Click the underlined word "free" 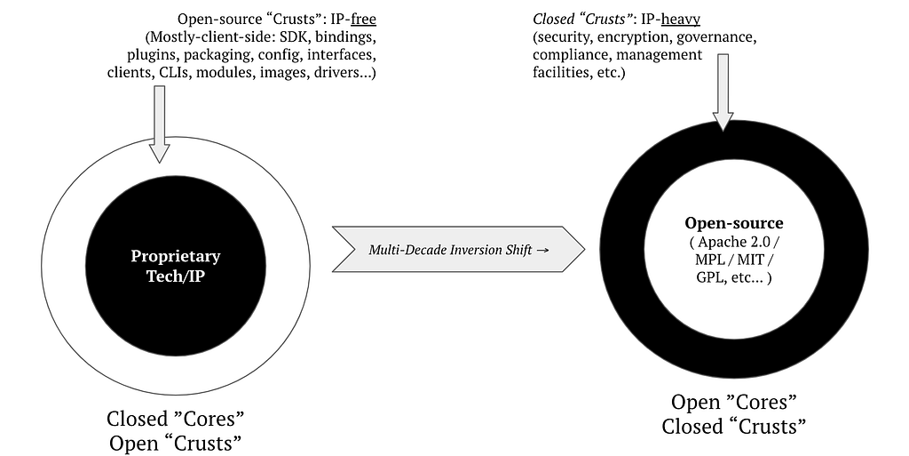click(x=363, y=20)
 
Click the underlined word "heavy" click(x=681, y=20)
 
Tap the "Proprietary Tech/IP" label click(x=176, y=266)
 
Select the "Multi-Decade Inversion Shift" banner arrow click(x=459, y=250)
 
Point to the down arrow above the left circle click(x=160, y=124)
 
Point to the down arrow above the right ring click(x=723, y=92)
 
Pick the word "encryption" click(x=634, y=37)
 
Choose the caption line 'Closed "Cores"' click(x=176, y=419)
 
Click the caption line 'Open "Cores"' click(x=734, y=402)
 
